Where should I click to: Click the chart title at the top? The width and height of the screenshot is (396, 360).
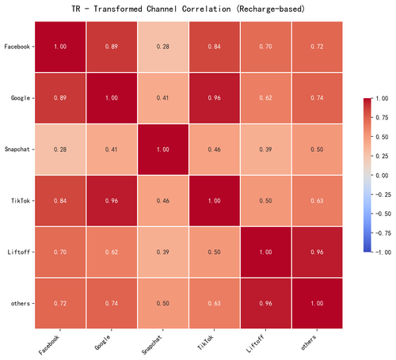[188, 9]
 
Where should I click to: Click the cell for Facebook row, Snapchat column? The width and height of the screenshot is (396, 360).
[163, 47]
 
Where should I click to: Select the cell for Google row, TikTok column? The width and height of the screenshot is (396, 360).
[215, 98]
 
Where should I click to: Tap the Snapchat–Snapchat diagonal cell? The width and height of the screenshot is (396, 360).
[163, 150]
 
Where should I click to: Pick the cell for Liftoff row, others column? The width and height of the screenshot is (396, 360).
[317, 252]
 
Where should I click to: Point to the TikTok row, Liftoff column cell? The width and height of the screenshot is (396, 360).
[265, 201]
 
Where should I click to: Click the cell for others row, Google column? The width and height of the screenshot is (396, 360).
[112, 303]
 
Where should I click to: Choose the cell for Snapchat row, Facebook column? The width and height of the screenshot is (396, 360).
[60, 150]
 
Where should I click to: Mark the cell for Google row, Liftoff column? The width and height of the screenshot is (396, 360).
[265, 98]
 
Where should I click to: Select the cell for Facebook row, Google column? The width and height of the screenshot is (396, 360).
[112, 47]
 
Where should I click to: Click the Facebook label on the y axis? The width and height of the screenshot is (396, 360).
[17, 47]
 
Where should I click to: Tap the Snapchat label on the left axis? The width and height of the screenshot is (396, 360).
[17, 150]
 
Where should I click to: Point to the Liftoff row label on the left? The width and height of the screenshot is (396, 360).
[18, 252]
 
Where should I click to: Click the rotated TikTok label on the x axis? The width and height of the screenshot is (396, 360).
[206, 343]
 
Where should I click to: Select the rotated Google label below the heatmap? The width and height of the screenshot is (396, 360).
[102, 343]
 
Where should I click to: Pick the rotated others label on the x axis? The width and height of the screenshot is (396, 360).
[309, 343]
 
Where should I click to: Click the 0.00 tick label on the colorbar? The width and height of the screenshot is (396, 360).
[382, 176]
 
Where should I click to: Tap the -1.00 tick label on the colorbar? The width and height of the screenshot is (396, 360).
[383, 252]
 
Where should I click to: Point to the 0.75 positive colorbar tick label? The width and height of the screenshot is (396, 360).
[382, 118]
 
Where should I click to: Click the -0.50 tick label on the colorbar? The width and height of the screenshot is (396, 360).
[383, 214]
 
